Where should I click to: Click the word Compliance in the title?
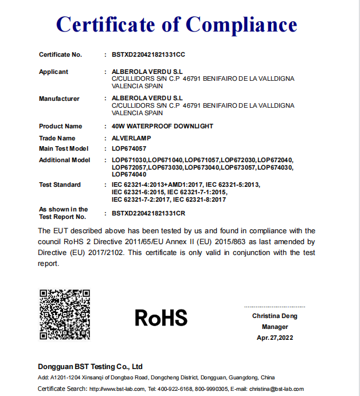(241, 25)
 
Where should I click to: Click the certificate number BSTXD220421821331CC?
(148, 54)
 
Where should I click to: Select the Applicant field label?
(53, 72)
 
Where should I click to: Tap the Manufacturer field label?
(59, 99)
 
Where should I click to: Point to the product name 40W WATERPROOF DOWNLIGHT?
(162, 126)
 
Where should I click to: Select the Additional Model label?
(64, 160)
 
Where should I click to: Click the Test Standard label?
(60, 185)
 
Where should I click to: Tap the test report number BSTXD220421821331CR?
(148, 213)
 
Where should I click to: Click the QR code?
(65, 314)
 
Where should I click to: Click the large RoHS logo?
(161, 317)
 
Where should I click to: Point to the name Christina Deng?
(275, 316)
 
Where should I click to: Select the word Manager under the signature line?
(275, 327)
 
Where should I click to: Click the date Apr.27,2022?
(275, 338)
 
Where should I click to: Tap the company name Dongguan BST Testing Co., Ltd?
(90, 366)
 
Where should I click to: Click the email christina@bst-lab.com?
(275, 389)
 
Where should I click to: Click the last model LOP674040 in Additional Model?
(128, 174)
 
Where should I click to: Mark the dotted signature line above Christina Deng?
(275, 307)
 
